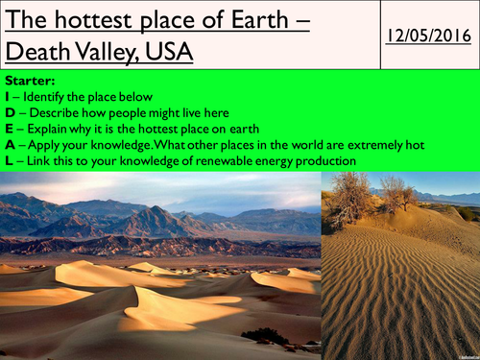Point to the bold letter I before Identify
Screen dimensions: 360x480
(6, 98)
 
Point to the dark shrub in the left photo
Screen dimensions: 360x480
(264, 335)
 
